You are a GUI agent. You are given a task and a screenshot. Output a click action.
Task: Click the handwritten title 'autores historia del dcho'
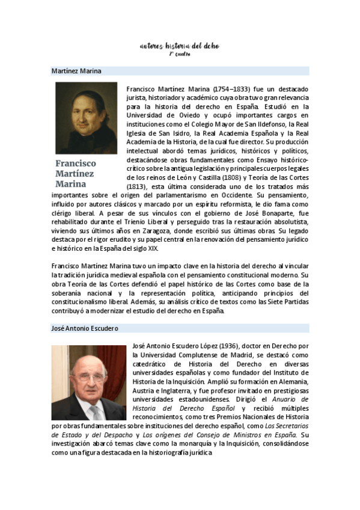click(x=179, y=46)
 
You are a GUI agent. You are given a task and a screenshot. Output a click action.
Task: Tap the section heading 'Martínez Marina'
click(x=76, y=71)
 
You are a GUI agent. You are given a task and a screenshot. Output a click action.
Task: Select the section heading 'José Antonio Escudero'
click(x=85, y=328)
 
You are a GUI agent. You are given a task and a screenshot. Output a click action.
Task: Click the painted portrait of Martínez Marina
click(x=86, y=118)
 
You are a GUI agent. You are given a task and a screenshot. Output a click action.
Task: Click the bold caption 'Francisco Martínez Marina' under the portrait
click(x=76, y=173)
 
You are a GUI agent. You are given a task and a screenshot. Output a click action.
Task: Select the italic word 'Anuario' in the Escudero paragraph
click(x=295, y=399)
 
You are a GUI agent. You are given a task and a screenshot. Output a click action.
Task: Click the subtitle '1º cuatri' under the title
click(x=179, y=54)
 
